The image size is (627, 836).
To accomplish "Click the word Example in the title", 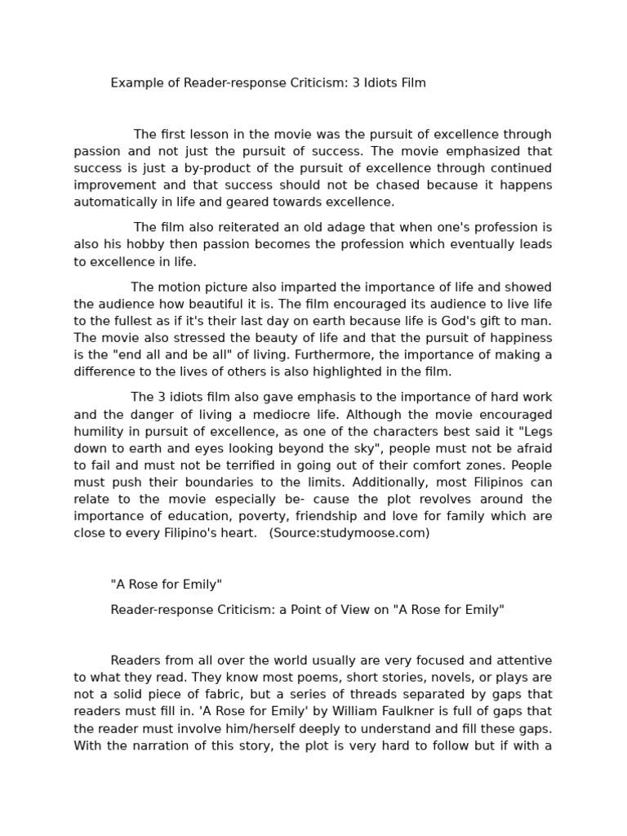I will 136,83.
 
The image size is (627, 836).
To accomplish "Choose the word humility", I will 100,430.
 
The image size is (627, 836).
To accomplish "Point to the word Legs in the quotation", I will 536,430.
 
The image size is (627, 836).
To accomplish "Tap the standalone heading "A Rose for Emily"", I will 166,585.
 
